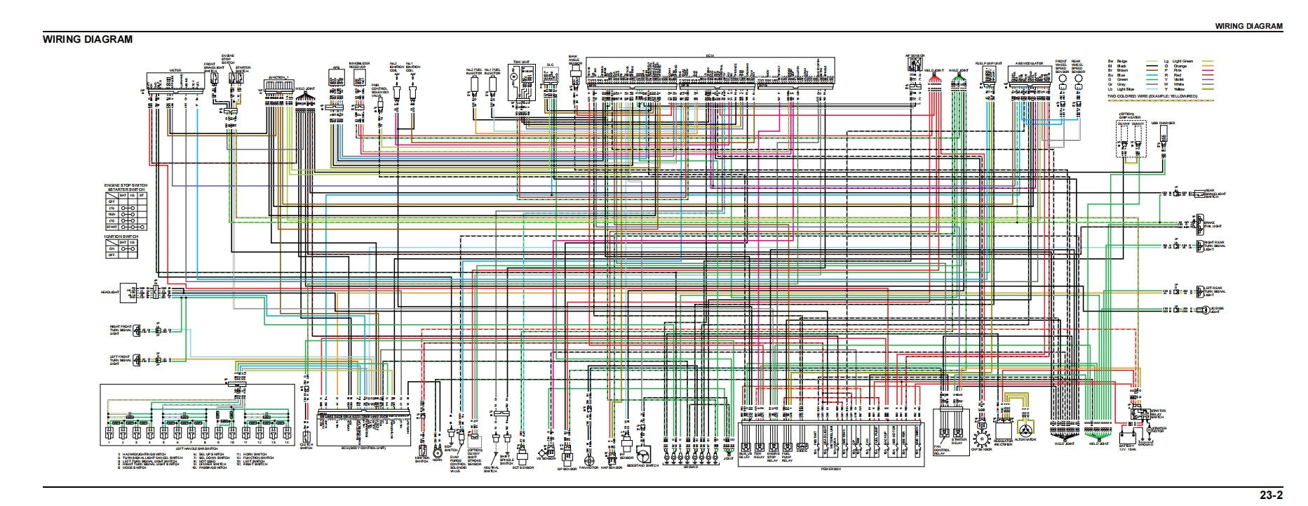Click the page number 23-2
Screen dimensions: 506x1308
(x=1271, y=495)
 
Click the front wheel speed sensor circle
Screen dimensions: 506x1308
(x=1061, y=80)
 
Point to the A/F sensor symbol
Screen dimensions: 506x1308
(x=915, y=64)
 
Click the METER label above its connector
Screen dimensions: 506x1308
(x=175, y=70)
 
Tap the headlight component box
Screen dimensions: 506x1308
(x=129, y=293)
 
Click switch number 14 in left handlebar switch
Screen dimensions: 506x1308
(x=287, y=432)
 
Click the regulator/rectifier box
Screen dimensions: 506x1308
(x=1004, y=428)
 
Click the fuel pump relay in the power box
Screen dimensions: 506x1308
(x=787, y=447)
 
